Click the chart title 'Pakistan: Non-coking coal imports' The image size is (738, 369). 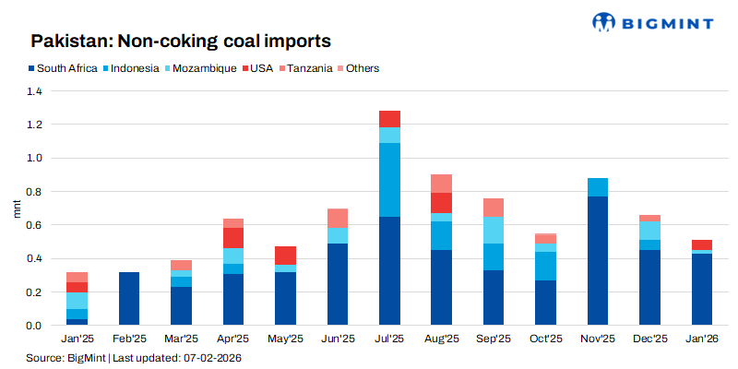(x=181, y=42)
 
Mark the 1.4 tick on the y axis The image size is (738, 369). (x=35, y=91)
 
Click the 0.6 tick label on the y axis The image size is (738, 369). (x=35, y=225)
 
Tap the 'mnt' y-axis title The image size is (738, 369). (x=16, y=208)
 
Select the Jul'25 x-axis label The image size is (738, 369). (x=388, y=340)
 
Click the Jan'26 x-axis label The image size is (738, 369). (x=702, y=340)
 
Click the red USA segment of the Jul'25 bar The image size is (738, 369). (x=389, y=118)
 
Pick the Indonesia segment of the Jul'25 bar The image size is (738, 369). (x=389, y=180)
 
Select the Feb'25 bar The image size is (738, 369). (x=129, y=299)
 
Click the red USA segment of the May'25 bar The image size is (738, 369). (x=285, y=256)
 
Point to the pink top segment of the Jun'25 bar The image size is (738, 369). (x=337, y=219)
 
